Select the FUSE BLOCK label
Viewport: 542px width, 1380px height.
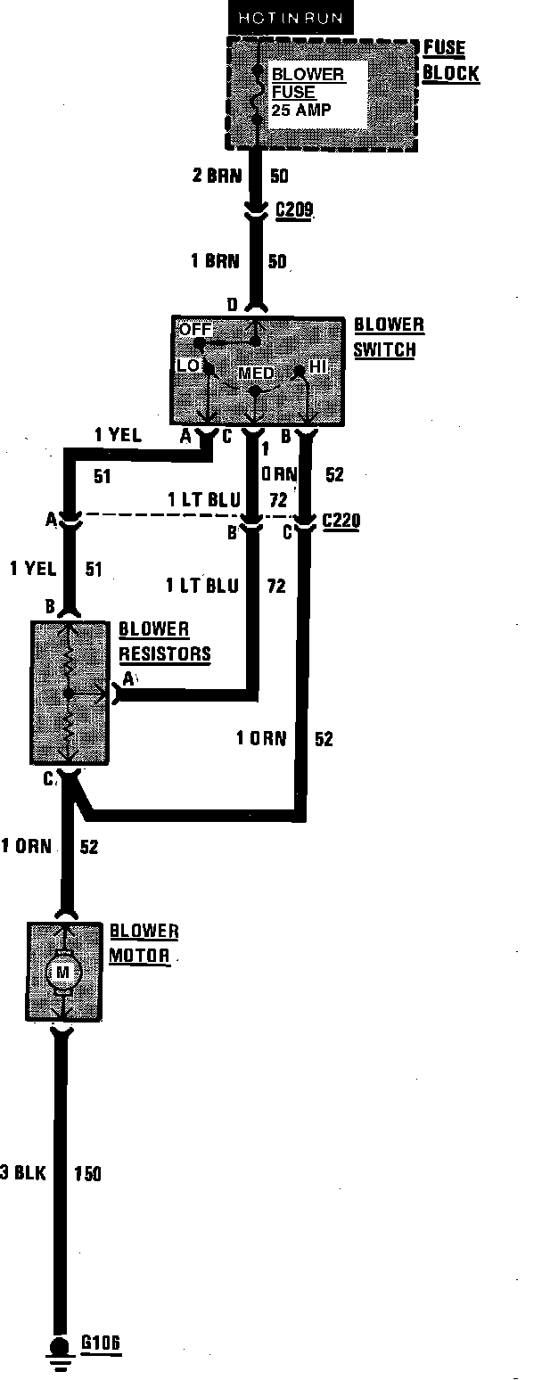451,62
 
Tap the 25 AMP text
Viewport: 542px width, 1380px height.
303,109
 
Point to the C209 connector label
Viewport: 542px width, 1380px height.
295,210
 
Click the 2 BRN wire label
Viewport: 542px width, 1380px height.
217,176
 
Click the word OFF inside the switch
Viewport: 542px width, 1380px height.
196,329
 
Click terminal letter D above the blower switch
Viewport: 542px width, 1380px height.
232,306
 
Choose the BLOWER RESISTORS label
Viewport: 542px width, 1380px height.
165,641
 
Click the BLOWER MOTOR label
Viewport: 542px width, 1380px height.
144,943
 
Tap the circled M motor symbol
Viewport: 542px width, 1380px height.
62,972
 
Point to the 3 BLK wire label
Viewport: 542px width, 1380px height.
23,1173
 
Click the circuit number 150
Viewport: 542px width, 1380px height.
88,1173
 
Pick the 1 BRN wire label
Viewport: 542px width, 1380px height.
217,262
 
